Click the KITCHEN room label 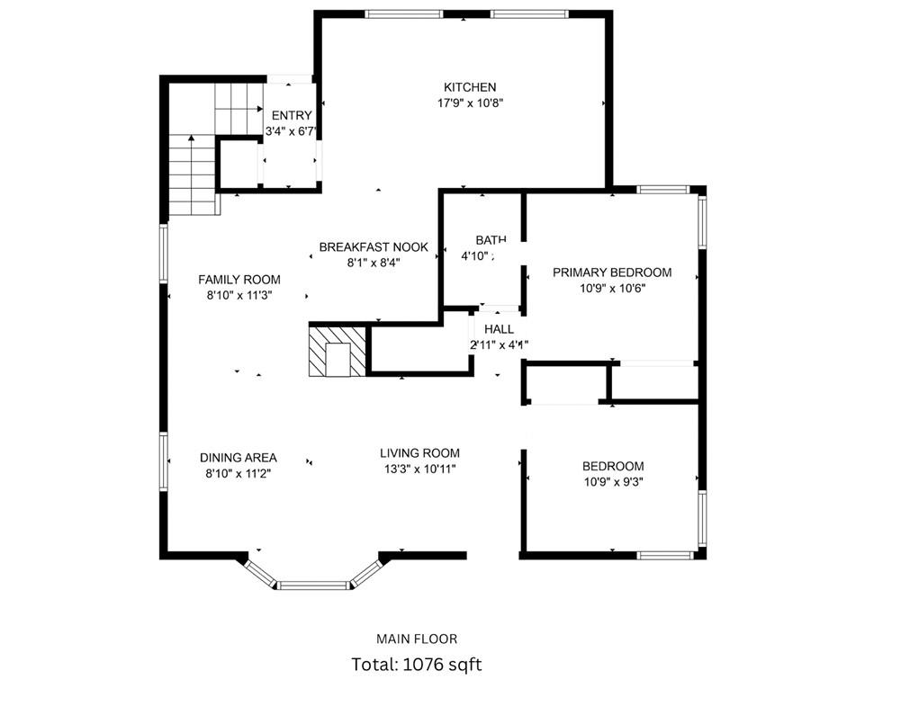469,87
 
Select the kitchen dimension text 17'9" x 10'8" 469,103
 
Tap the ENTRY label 292,115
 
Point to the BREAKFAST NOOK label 374,247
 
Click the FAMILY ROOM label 239,280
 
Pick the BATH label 491,240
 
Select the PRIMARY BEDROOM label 612,273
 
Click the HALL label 499,330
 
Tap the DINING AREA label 239,458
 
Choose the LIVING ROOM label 419,453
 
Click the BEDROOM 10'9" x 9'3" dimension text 613,481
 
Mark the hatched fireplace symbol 338,351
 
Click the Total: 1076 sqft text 417,666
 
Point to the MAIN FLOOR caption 417,639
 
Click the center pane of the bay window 312,585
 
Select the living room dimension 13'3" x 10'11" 419,469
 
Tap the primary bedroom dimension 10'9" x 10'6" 612,289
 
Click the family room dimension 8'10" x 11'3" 239,294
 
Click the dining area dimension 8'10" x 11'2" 239,473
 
